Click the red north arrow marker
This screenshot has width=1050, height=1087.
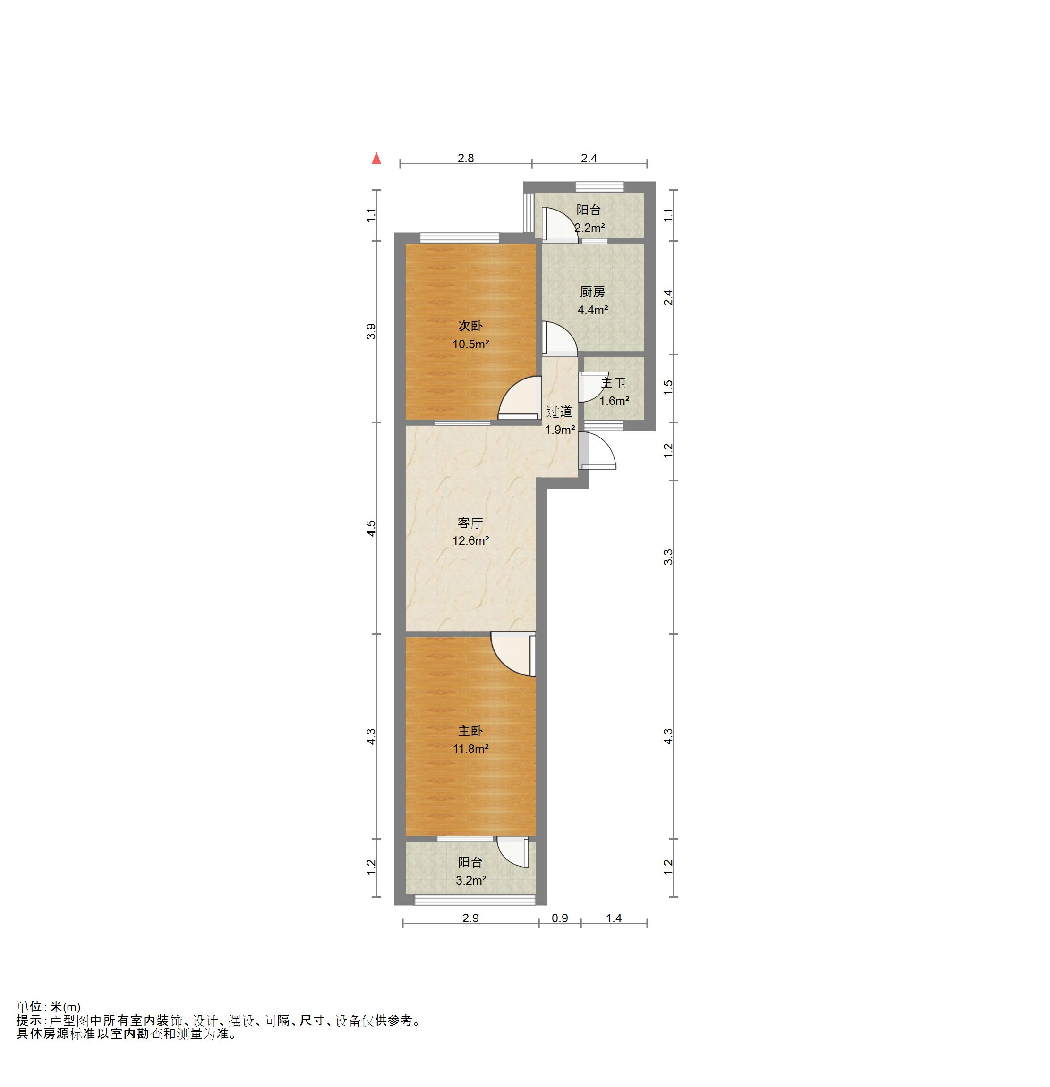coord(377,159)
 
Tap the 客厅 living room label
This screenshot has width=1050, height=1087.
coord(470,523)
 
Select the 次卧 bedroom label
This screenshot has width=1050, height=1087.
coord(470,326)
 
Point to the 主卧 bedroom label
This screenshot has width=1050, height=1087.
coord(470,731)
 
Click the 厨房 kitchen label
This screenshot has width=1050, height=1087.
coord(593,292)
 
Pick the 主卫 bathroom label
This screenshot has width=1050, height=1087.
coord(614,383)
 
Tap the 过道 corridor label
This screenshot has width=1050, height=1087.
coord(559,412)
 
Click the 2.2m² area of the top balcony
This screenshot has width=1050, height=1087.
coord(589,228)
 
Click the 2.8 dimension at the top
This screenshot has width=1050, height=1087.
coord(466,158)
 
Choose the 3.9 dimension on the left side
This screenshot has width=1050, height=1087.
coord(371,332)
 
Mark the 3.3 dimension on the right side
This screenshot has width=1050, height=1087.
coord(668,557)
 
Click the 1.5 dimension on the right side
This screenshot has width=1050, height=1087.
coord(668,387)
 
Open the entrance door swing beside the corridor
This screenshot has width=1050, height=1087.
coord(598,450)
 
